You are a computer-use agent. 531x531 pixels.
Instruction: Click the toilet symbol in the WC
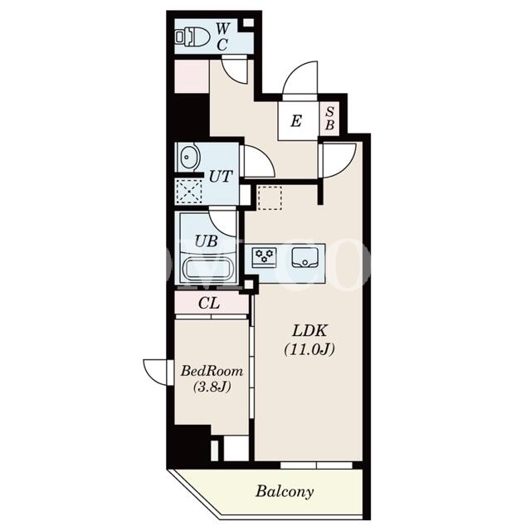point(192,37)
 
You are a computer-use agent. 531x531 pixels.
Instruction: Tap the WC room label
point(222,37)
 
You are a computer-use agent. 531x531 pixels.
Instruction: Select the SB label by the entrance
point(329,119)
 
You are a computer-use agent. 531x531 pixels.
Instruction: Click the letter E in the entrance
point(296,121)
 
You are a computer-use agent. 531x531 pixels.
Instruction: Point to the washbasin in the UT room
point(188,157)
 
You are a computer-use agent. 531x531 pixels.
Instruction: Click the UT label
point(221,177)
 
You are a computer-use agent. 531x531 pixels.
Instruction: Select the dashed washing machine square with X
point(189,192)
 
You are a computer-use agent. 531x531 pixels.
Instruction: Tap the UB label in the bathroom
point(207,241)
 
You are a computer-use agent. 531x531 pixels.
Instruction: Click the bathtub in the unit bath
point(208,269)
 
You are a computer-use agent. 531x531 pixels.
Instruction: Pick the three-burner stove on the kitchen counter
point(264,257)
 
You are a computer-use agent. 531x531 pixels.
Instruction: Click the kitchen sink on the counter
point(305,258)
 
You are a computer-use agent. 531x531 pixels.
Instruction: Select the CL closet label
point(209,304)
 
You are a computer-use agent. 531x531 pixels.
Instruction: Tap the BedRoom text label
point(212,371)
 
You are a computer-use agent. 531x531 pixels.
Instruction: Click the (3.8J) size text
point(212,387)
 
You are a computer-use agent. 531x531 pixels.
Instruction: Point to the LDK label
point(309,331)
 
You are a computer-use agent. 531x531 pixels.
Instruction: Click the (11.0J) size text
point(309,348)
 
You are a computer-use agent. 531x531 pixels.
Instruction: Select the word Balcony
point(285,491)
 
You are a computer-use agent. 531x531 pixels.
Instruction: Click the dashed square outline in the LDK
point(270,197)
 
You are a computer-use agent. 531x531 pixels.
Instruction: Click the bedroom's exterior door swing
point(155,373)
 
